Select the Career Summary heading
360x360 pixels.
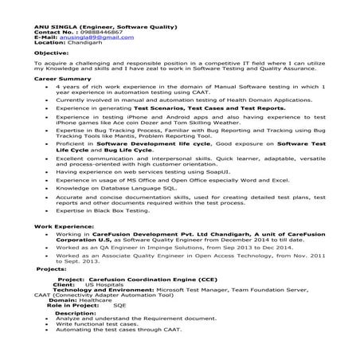pos(58,79)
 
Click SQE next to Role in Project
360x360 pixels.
pos(119,306)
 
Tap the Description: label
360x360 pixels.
pos(76,313)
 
